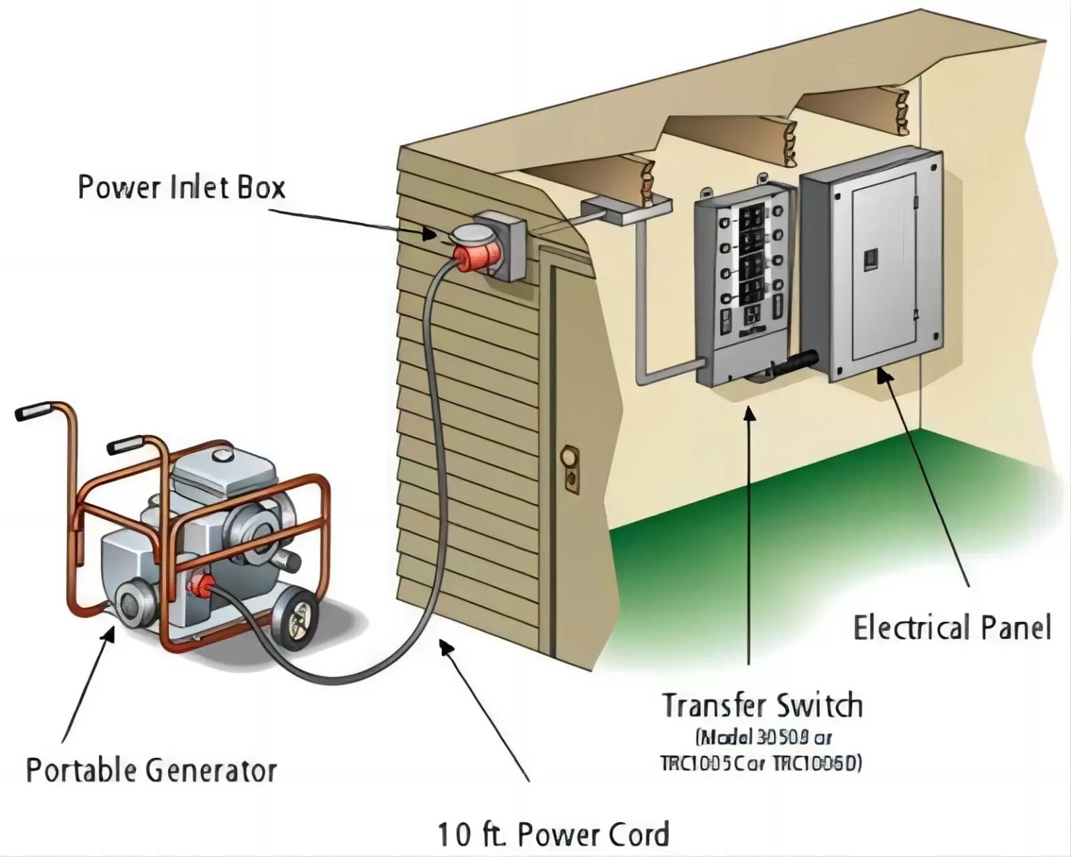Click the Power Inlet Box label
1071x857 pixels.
(x=181, y=188)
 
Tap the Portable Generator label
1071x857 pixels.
(x=151, y=770)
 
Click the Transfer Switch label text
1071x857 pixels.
(x=761, y=706)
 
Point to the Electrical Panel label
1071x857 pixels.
(x=952, y=628)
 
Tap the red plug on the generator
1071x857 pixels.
(x=201, y=585)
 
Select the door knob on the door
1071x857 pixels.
(x=570, y=457)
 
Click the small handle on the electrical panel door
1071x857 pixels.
(x=871, y=259)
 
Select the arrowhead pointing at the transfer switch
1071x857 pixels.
(x=749, y=411)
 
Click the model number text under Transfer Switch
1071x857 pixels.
(x=761, y=750)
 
